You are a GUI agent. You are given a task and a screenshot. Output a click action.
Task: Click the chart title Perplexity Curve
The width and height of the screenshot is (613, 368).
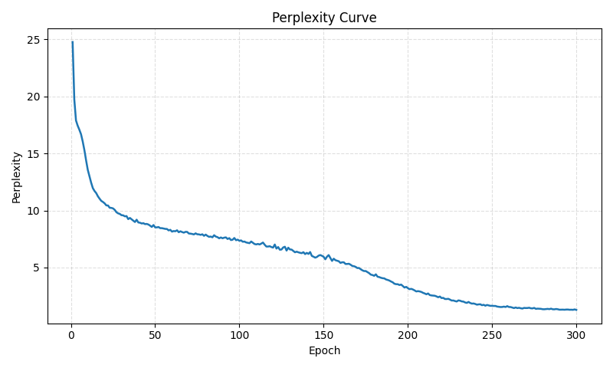[x=324, y=18]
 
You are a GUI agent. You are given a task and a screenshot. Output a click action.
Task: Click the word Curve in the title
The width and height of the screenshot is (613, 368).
[x=356, y=18]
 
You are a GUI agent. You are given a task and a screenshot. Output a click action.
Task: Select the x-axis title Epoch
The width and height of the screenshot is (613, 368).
[x=324, y=351]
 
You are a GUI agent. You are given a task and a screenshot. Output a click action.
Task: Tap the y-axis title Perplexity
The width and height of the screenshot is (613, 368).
[x=17, y=177]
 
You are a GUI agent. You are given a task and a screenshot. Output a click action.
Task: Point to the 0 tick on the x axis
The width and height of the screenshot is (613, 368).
[x=71, y=335]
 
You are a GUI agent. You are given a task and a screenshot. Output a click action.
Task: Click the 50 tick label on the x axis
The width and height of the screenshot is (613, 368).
[x=155, y=335]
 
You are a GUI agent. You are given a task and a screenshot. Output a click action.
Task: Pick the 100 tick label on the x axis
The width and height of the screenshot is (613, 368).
[x=239, y=335]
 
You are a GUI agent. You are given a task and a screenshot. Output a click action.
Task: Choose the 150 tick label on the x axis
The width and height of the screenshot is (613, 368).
[x=323, y=335]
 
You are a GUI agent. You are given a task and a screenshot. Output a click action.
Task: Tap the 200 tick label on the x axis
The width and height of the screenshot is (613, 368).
[x=408, y=335]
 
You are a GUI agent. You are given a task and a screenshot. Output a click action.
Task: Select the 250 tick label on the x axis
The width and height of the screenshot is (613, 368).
[x=492, y=335]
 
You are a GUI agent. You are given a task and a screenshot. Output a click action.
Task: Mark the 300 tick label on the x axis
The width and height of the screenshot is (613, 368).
[x=576, y=335]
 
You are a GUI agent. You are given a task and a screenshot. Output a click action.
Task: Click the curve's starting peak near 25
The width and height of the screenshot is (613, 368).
[x=73, y=42]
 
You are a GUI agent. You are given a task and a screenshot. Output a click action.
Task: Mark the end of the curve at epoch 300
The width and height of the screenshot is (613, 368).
[x=576, y=310]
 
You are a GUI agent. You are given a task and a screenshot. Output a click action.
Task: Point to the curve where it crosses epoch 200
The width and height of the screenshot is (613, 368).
[x=408, y=287]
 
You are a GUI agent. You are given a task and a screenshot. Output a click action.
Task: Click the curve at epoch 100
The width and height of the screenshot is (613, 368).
[x=239, y=240]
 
